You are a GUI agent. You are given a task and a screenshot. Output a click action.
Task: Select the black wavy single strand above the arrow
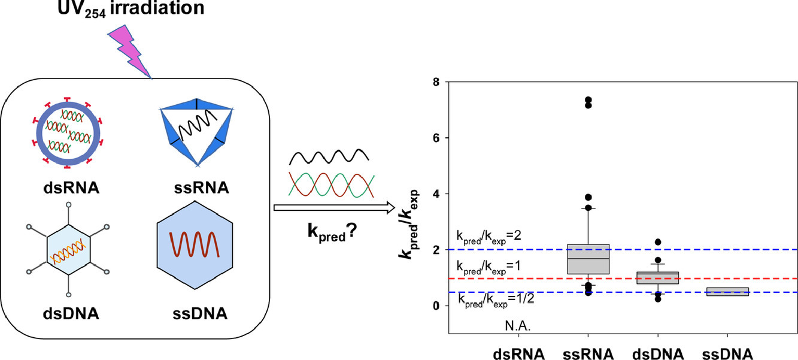click(x=329, y=158)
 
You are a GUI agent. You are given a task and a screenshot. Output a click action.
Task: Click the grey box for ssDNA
click(x=727, y=292)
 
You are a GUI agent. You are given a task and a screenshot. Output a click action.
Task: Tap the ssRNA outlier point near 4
click(x=588, y=197)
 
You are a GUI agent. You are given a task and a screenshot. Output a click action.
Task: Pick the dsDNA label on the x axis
click(x=657, y=353)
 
